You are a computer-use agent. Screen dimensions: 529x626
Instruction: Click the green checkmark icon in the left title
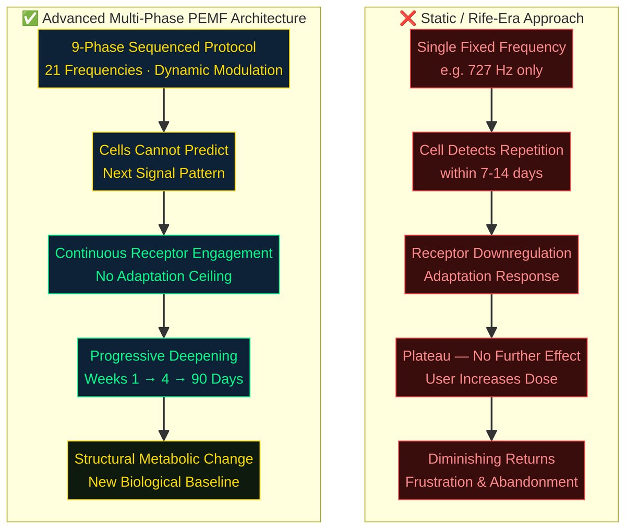[30, 18]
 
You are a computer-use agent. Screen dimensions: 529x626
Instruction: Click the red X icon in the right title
[407, 18]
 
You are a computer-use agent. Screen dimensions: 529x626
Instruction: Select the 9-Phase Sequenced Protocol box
[163, 58]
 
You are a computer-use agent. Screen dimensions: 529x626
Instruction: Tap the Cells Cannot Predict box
[163, 161]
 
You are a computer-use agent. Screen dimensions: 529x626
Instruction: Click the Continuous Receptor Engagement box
[163, 264]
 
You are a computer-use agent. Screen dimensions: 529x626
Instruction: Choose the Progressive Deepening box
[163, 367]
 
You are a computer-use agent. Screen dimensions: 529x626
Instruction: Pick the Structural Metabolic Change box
[163, 470]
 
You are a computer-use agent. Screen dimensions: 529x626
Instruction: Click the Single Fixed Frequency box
[491, 58]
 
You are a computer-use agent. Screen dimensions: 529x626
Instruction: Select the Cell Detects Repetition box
[491, 161]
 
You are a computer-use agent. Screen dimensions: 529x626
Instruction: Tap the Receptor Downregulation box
[491, 264]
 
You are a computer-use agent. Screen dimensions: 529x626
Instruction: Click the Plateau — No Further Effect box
[491, 367]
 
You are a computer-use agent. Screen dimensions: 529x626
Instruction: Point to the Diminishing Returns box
[491, 470]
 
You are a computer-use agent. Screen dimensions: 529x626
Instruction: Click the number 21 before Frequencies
[53, 70]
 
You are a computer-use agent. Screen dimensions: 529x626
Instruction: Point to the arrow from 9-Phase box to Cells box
[163, 110]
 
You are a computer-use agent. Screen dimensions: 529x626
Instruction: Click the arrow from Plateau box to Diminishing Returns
[491, 418]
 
